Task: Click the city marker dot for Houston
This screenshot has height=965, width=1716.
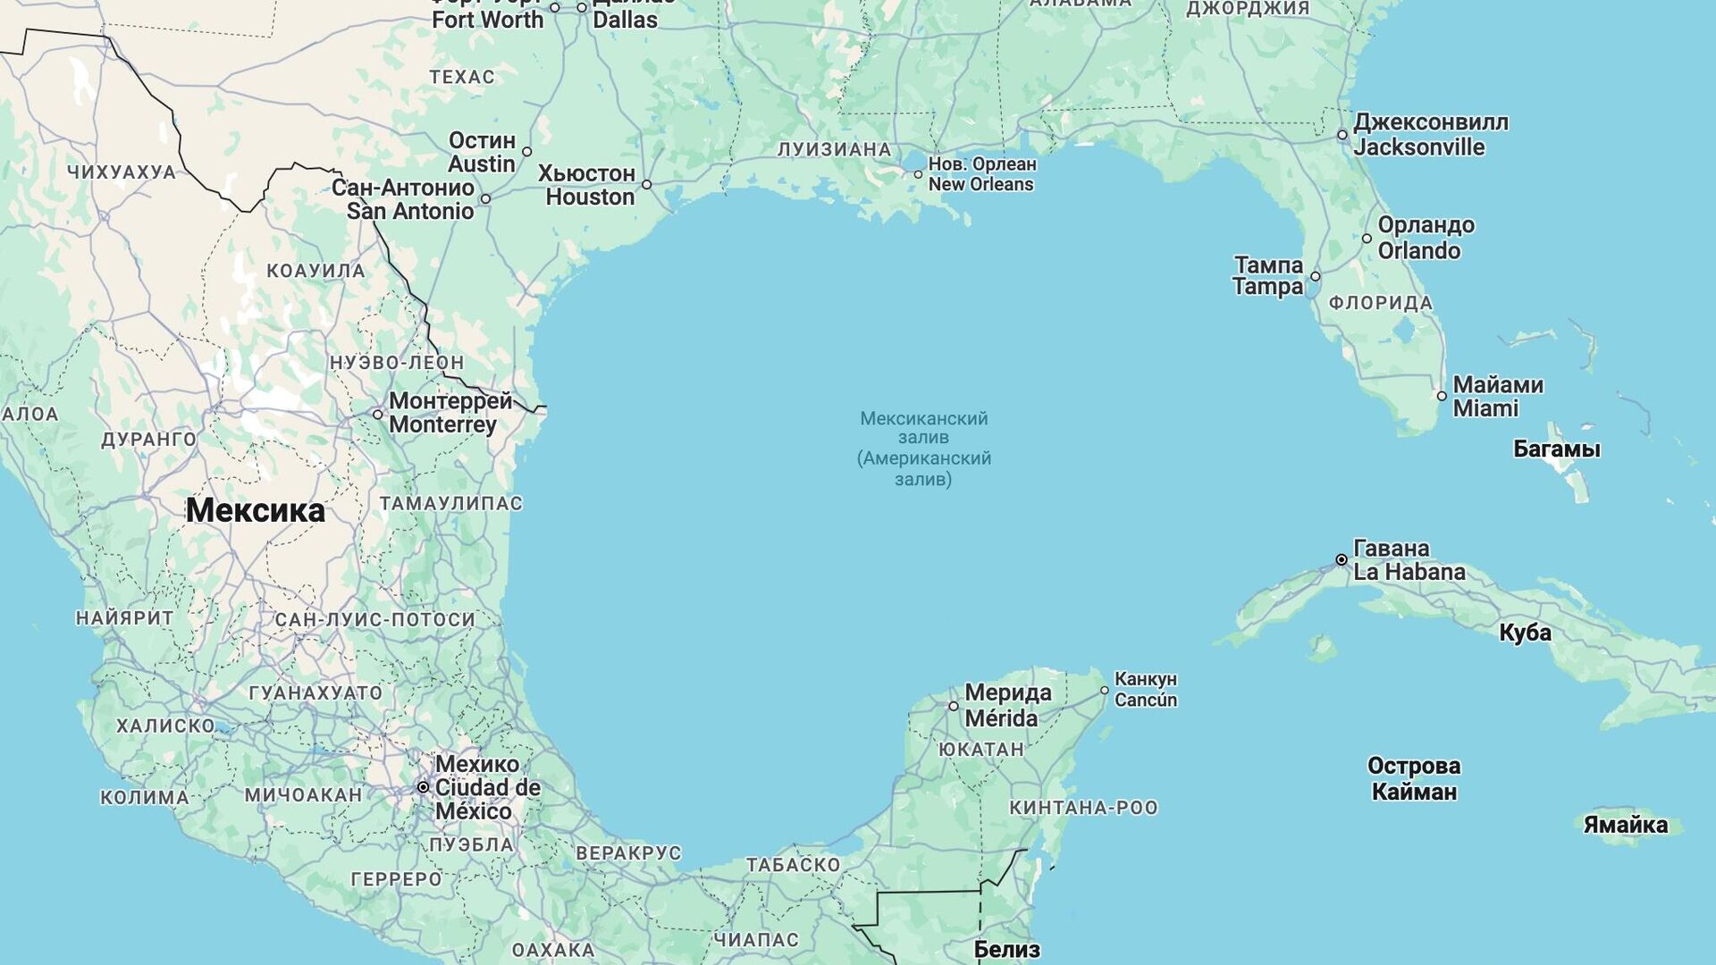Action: pyautogui.click(x=646, y=185)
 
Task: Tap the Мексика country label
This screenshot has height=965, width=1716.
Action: pyautogui.click(x=256, y=510)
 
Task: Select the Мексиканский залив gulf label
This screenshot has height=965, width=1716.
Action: pyautogui.click(x=923, y=449)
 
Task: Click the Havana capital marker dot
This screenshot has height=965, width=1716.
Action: pyautogui.click(x=1342, y=560)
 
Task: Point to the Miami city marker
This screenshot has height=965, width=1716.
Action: pyautogui.click(x=1442, y=396)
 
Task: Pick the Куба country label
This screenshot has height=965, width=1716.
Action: pyautogui.click(x=1525, y=633)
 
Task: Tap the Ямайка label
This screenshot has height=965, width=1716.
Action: pyautogui.click(x=1625, y=825)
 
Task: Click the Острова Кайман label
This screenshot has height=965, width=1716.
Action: pyautogui.click(x=1414, y=778)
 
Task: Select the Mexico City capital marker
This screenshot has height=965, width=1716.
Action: pyautogui.click(x=424, y=787)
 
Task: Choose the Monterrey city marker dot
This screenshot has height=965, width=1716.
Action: pyautogui.click(x=378, y=415)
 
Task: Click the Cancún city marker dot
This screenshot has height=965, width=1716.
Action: pyautogui.click(x=1105, y=691)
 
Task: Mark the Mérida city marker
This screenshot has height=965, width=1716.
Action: pyautogui.click(x=954, y=706)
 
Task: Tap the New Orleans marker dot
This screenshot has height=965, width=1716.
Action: pyautogui.click(x=918, y=174)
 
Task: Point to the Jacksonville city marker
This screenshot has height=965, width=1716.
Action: pyautogui.click(x=1342, y=135)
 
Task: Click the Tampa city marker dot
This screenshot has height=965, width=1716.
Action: pyautogui.click(x=1315, y=277)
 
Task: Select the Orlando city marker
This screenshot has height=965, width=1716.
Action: pyautogui.click(x=1367, y=239)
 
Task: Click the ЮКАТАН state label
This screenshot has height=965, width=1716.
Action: pyautogui.click(x=980, y=750)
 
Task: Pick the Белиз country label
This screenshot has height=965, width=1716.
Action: pyautogui.click(x=1006, y=949)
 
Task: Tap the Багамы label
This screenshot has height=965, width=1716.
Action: pyautogui.click(x=1556, y=449)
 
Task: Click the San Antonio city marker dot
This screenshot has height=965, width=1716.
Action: pyautogui.click(x=485, y=199)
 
